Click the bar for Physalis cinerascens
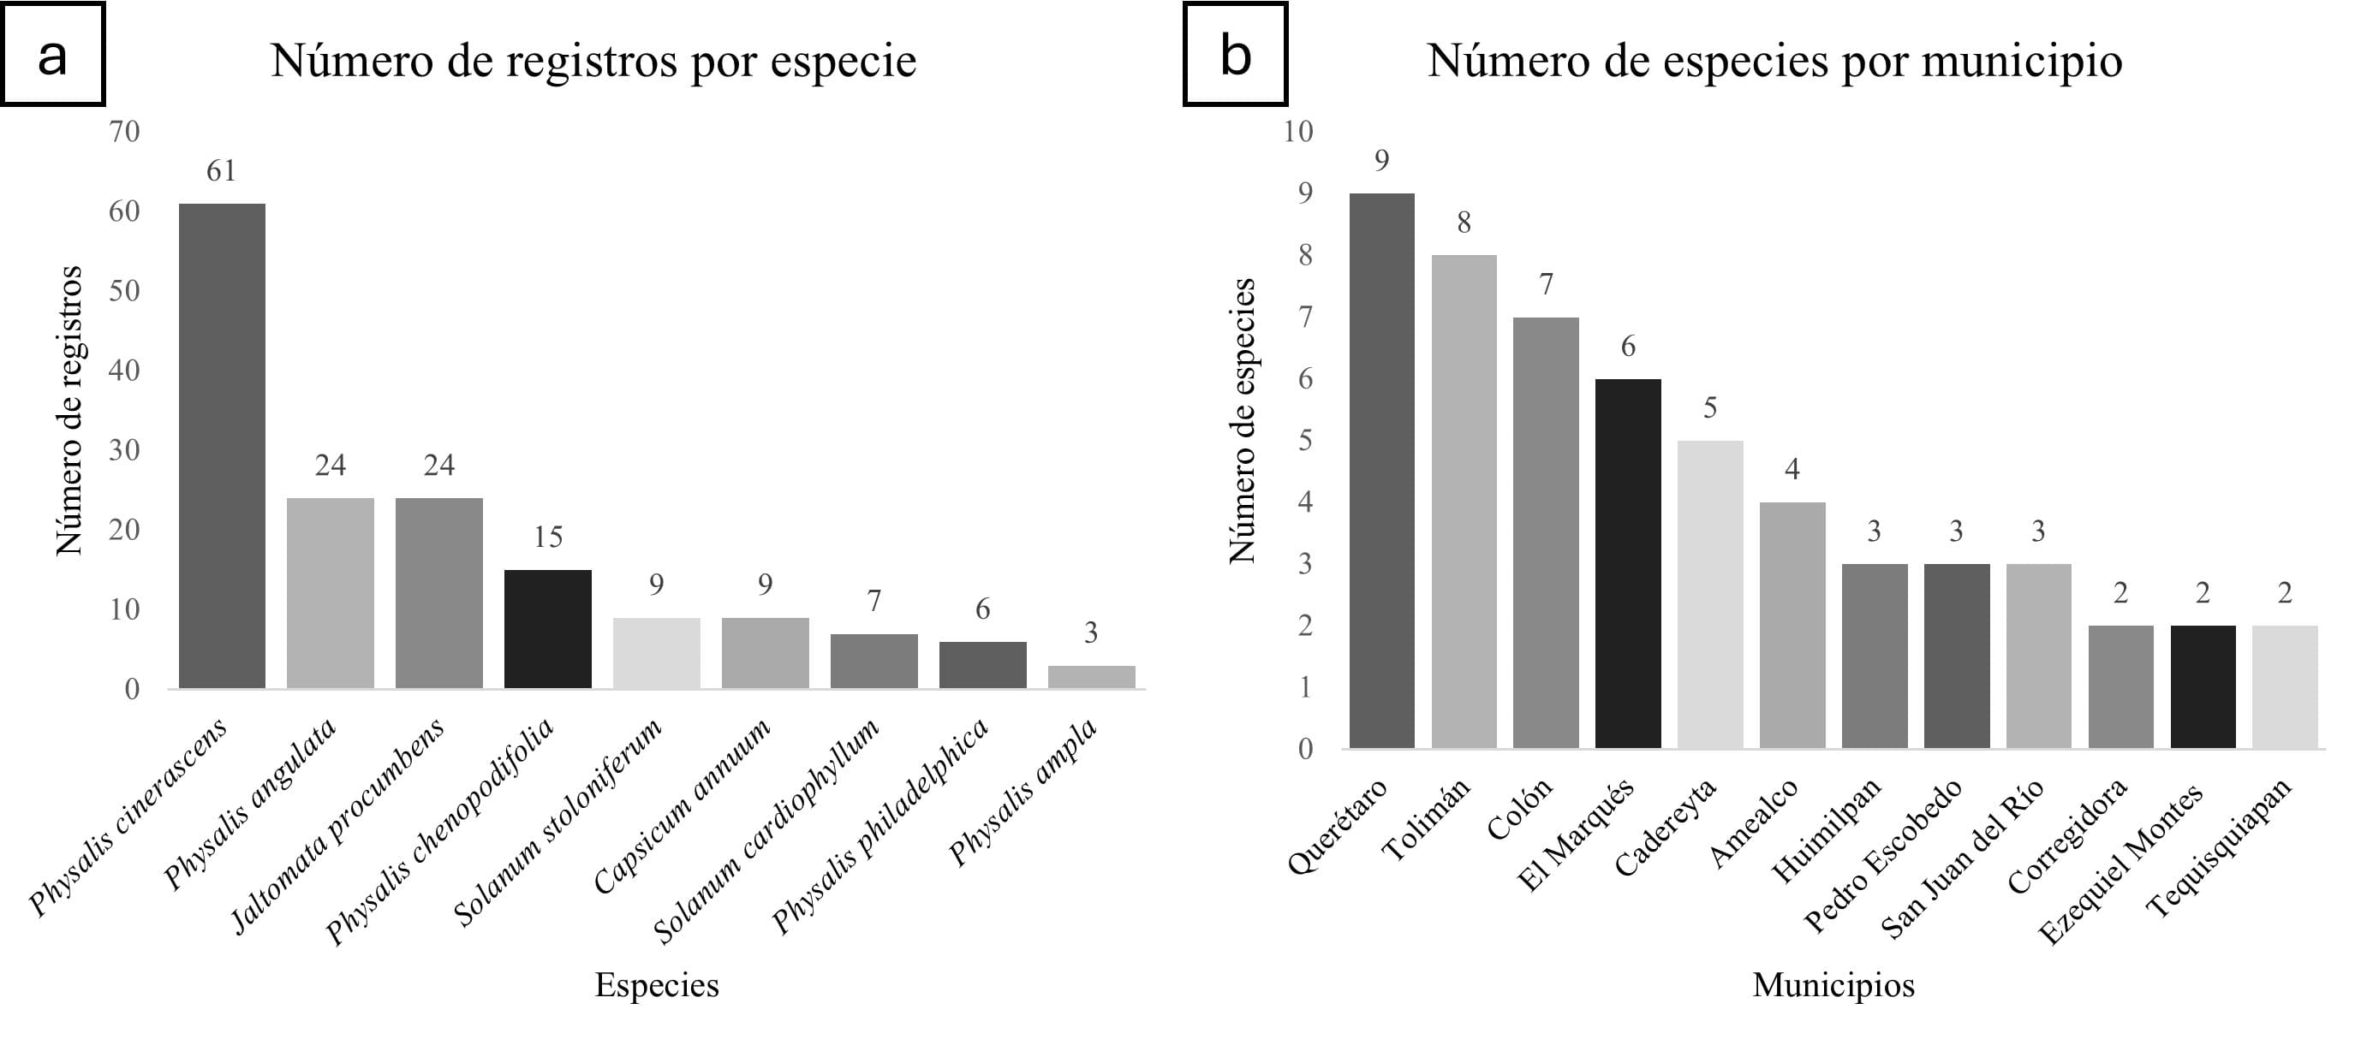tap(222, 446)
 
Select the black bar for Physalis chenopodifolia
tap(547, 629)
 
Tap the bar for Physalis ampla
tap(1091, 677)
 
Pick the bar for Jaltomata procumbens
tap(439, 592)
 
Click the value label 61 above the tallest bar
tap(222, 171)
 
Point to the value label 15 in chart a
tap(547, 537)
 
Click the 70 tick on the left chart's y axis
tap(125, 132)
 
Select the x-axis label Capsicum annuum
tap(682, 806)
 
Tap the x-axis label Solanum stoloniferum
tap(558, 822)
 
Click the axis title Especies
tap(656, 985)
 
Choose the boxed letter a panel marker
tap(52, 54)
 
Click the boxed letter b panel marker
tap(1235, 54)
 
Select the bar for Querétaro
tap(1381, 471)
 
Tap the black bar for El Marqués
tap(1627, 563)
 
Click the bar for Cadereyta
tap(1709, 595)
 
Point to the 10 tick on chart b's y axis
tap(1297, 132)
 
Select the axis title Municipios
tap(1833, 985)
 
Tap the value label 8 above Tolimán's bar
tap(1464, 223)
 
